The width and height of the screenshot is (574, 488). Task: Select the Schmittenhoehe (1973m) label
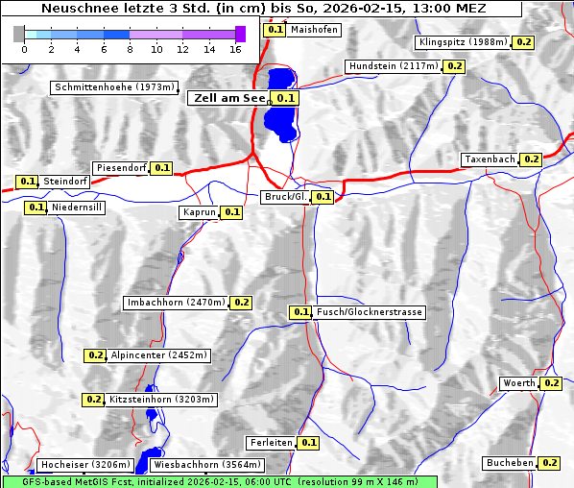click(x=114, y=87)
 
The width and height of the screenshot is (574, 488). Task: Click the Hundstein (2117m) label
click(x=394, y=66)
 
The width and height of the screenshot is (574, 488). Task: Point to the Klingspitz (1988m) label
click(x=463, y=42)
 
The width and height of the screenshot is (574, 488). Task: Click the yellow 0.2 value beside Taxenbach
click(x=532, y=159)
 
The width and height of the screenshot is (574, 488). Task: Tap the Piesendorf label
click(x=121, y=168)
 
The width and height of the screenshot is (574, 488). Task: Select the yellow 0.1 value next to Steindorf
click(x=27, y=181)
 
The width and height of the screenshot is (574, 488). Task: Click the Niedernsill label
click(x=77, y=207)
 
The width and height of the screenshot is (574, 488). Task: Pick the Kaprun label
click(x=199, y=212)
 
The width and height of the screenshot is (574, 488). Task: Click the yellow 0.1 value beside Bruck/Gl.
click(x=323, y=197)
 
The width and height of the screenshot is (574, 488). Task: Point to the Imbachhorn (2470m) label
click(x=176, y=303)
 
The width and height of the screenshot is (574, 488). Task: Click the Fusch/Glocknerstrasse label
click(x=370, y=312)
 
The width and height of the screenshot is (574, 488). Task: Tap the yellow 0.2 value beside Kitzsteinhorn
click(x=93, y=399)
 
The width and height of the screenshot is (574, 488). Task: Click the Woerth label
click(x=519, y=383)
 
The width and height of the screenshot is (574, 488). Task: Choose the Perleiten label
click(x=270, y=443)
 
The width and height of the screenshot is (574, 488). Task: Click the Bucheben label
click(x=510, y=463)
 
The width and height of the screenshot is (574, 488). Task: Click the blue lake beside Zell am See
click(x=280, y=106)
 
